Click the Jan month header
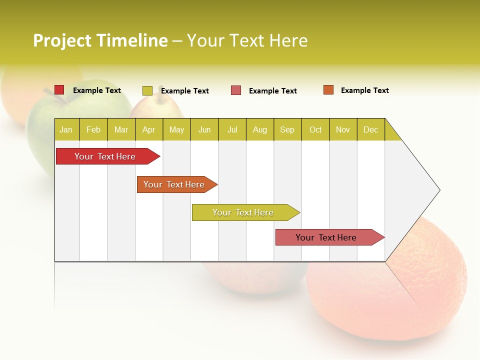pos(66,129)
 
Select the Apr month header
pos(149,129)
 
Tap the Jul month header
pos(232,129)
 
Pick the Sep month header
pos(287,129)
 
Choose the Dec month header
pos(370,129)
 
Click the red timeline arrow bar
pos(105,156)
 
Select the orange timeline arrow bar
pos(174,184)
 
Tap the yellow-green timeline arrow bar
pos(243,212)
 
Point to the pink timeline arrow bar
pos(326,237)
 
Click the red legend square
pos(59,90)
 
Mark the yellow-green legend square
pos(147,90)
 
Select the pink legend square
pos(236,90)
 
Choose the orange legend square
pos(328,90)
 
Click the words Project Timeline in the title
pos(100,40)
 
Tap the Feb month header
pos(93,129)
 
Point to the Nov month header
pos(343,129)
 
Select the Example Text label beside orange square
pos(364,90)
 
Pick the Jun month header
pos(204,129)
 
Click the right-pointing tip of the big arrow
pos(438,190)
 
